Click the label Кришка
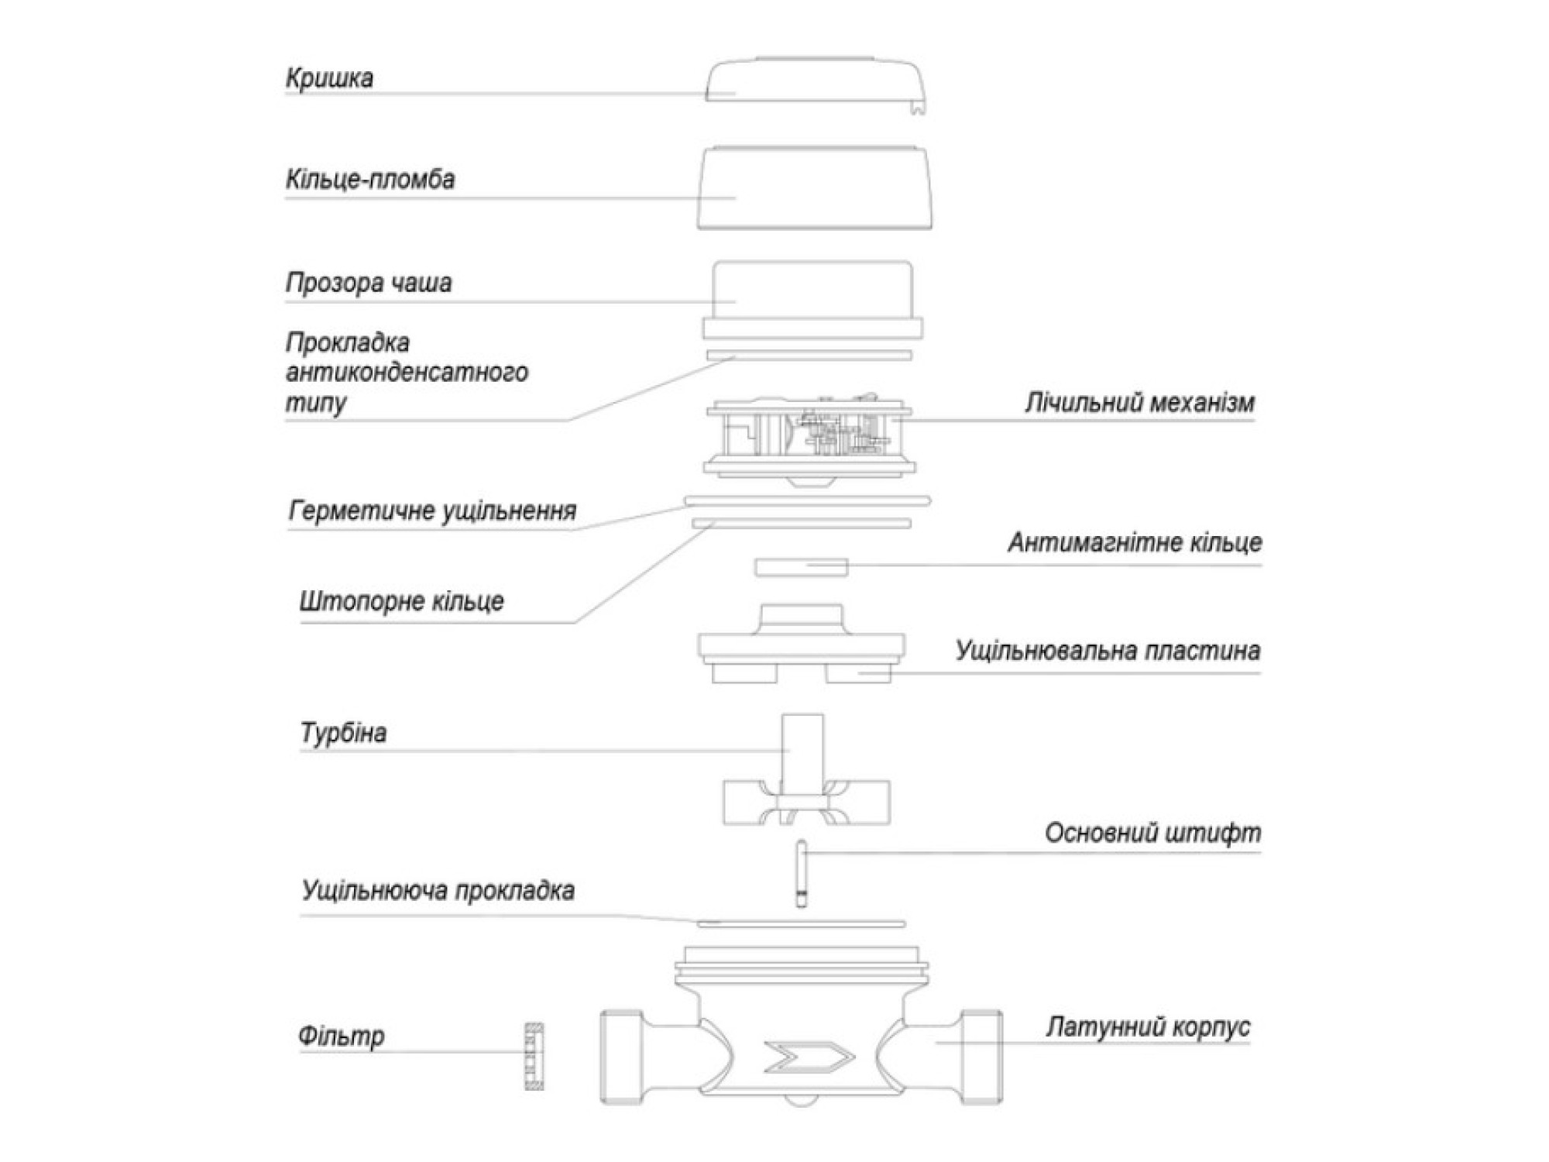coord(329,78)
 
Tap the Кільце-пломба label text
coord(370,180)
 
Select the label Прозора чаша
coord(369,283)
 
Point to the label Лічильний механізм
coord(1139,403)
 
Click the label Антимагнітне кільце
coord(1135,542)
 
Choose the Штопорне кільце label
coord(402,601)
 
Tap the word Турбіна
coord(343,732)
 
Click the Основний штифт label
coord(1152,833)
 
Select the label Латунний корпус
coord(1148,1027)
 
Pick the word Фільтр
coord(342,1036)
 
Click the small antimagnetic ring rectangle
coord(802,567)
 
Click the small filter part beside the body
coord(534,1056)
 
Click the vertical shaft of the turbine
coord(802,755)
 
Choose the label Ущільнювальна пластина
coord(1108,650)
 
